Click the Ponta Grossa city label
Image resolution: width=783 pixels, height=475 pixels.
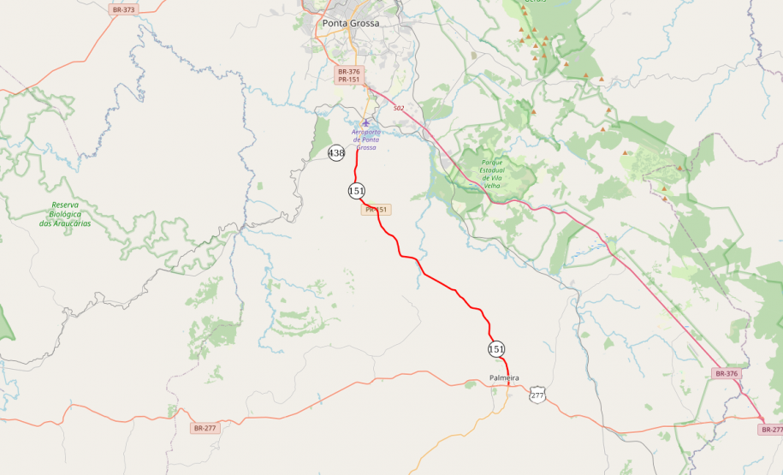point(350,23)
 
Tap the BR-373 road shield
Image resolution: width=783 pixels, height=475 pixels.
point(123,9)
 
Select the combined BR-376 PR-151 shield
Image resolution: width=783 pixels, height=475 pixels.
point(349,75)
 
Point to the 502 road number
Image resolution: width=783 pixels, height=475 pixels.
point(399,108)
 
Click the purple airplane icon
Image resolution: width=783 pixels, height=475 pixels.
point(366,123)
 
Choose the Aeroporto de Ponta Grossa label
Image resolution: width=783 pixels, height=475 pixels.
point(366,140)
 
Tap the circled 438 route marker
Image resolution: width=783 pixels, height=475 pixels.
point(336,153)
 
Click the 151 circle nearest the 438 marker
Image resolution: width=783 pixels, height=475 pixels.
point(357,190)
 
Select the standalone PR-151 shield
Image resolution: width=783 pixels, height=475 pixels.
point(377,210)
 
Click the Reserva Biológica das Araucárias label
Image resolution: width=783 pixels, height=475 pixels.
point(65,214)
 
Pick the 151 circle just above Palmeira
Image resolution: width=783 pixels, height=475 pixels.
point(496,349)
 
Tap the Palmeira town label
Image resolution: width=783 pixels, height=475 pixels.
point(504,377)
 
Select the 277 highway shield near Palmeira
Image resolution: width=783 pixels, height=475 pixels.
point(537,395)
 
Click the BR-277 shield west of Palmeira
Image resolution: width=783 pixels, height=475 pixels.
point(205,427)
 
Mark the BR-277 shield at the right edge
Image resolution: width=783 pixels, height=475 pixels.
point(770,430)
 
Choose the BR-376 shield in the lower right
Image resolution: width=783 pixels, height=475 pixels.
point(726,374)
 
